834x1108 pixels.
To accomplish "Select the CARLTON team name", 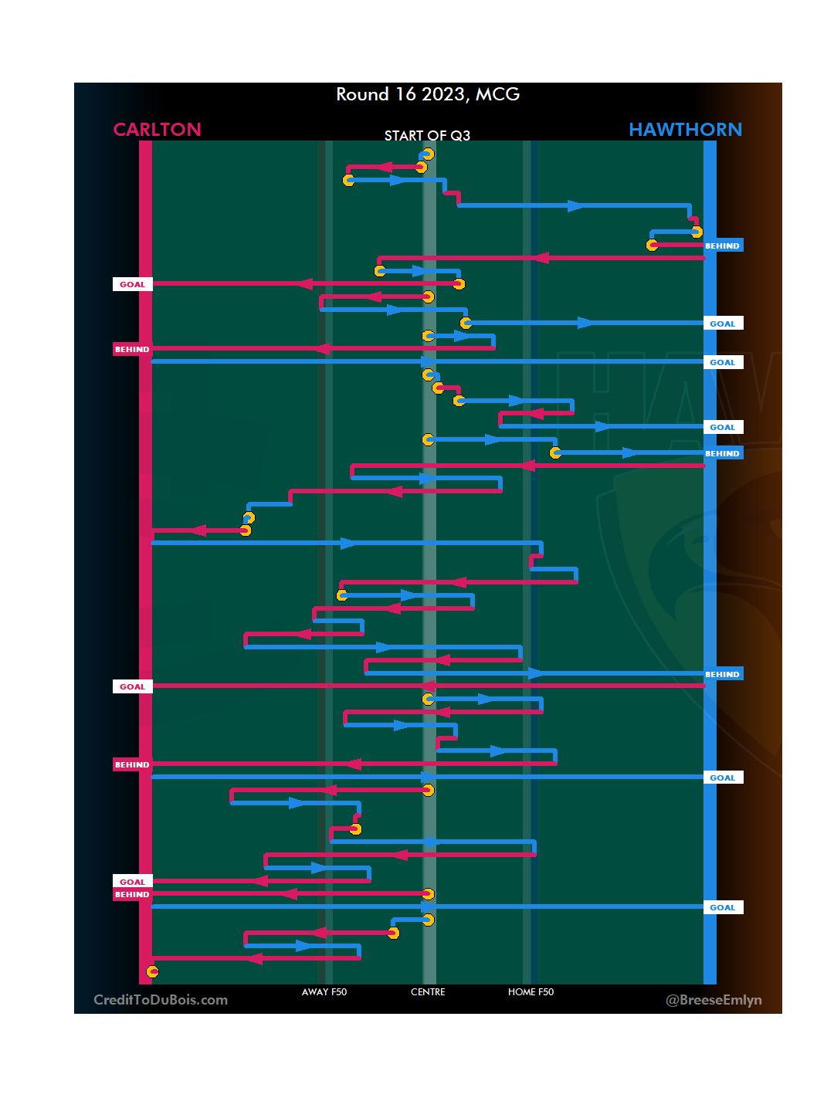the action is (157, 129).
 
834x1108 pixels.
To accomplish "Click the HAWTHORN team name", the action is (685, 129).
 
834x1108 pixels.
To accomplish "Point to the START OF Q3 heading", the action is (427, 136).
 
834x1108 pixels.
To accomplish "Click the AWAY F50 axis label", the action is (324, 992).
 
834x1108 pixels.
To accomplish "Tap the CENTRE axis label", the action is (428, 992).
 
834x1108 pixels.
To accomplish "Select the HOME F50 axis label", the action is (531, 992).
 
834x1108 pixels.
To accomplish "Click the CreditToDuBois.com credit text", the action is (161, 1000).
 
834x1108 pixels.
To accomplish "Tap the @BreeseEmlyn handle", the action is (714, 1000).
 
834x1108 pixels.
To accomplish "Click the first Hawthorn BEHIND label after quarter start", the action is (723, 246).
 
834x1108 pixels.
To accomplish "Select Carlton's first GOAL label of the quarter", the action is (132, 284).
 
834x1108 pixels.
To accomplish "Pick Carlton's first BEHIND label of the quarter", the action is (132, 349).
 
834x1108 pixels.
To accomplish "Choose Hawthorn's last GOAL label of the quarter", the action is (723, 907).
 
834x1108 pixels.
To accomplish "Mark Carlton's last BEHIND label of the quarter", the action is (132, 894).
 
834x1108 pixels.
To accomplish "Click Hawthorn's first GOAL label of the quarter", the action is (723, 324).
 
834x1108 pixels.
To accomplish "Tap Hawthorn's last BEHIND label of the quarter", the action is (723, 674).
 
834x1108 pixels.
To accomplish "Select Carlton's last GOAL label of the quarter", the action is (132, 881).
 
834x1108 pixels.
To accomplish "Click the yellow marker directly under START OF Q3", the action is (428, 154).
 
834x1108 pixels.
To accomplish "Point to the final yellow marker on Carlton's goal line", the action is (153, 971).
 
